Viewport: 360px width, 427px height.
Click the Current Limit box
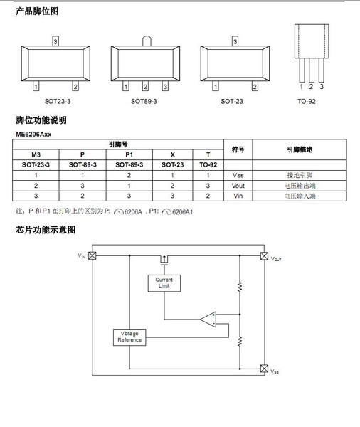(x=164, y=283)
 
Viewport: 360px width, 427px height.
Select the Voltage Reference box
(x=129, y=337)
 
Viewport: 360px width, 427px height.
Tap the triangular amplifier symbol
(x=208, y=319)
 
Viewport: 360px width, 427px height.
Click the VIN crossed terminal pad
(x=92, y=255)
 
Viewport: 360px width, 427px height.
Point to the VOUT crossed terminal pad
(x=264, y=256)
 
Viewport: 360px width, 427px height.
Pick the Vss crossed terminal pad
(x=264, y=369)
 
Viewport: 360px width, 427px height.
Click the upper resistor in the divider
(x=240, y=287)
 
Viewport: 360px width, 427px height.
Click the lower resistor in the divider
(x=240, y=341)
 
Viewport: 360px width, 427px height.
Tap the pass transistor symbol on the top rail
(x=164, y=260)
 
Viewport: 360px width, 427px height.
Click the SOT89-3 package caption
(x=144, y=101)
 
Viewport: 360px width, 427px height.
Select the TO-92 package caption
(x=307, y=101)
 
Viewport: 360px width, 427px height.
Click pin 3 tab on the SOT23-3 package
(x=55, y=41)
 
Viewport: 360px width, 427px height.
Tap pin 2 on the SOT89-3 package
(x=145, y=86)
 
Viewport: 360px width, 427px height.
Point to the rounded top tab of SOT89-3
(x=147, y=41)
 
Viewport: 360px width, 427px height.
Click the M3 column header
(x=36, y=154)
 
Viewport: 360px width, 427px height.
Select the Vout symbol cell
(x=238, y=186)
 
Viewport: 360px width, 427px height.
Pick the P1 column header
(x=129, y=154)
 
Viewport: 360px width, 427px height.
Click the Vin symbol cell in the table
(x=238, y=196)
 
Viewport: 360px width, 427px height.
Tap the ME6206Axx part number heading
(x=33, y=135)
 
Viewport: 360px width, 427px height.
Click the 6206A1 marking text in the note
(x=182, y=212)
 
